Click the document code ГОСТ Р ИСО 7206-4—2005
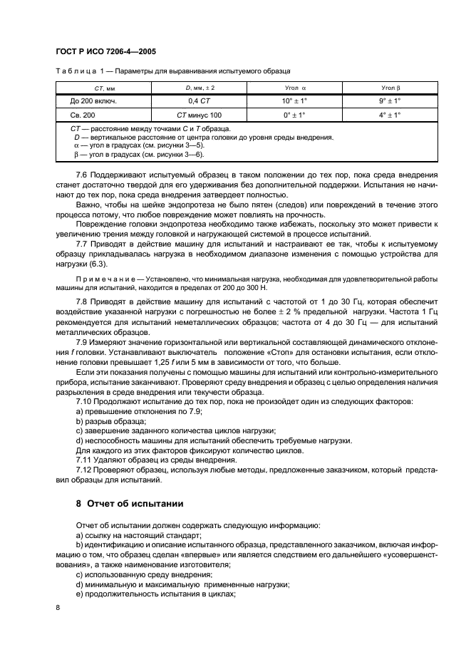[105, 52]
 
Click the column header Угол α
[294, 88]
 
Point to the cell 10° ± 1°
[294, 101]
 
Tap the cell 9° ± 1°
[390, 101]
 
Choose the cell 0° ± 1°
[294, 115]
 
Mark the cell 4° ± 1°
[390, 115]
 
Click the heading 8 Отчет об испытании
[130, 503]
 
